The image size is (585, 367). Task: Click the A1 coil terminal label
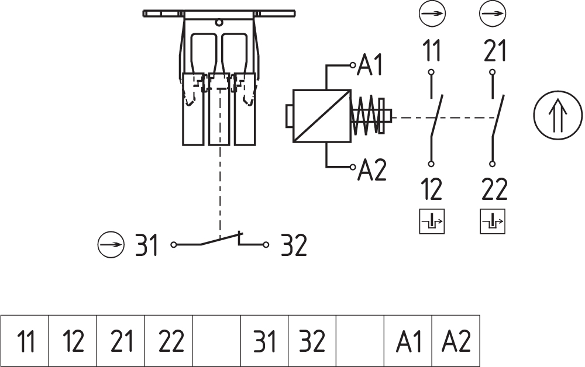pos(370,65)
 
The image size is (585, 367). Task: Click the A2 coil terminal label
pos(372,170)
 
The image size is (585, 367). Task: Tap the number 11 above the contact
pos(432,51)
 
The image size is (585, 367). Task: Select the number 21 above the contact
pos(495,51)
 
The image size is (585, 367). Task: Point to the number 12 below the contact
pos(432,189)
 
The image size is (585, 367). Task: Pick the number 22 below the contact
pos(495,189)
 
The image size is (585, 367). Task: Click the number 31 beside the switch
pos(147,245)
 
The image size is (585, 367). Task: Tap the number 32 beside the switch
pos(294,245)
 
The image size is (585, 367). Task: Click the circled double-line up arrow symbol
pos(558,116)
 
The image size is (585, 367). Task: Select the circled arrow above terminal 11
pos(432,14)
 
